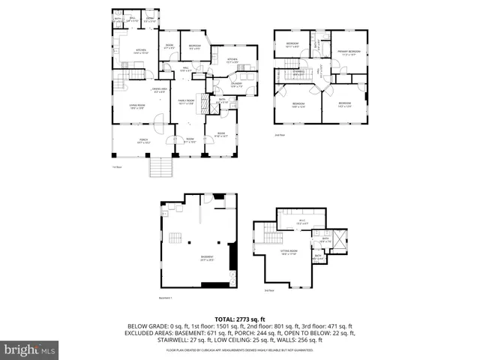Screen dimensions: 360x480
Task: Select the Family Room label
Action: pyautogui.click(x=186, y=102)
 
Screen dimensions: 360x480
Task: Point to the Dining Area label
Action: pyautogui.click(x=160, y=90)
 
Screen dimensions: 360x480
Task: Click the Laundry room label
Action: pyautogui.click(x=237, y=85)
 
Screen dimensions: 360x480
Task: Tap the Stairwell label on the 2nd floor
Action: pyautogui.click(x=298, y=72)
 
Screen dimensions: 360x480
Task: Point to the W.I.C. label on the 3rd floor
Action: pyautogui.click(x=302, y=223)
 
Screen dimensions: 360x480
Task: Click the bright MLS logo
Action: pyautogui.click(x=31, y=349)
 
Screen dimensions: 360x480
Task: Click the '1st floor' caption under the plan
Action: pyautogui.click(x=117, y=166)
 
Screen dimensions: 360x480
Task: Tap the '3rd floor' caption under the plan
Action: pyautogui.click(x=268, y=289)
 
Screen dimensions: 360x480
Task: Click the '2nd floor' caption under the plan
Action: pyautogui.click(x=280, y=135)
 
